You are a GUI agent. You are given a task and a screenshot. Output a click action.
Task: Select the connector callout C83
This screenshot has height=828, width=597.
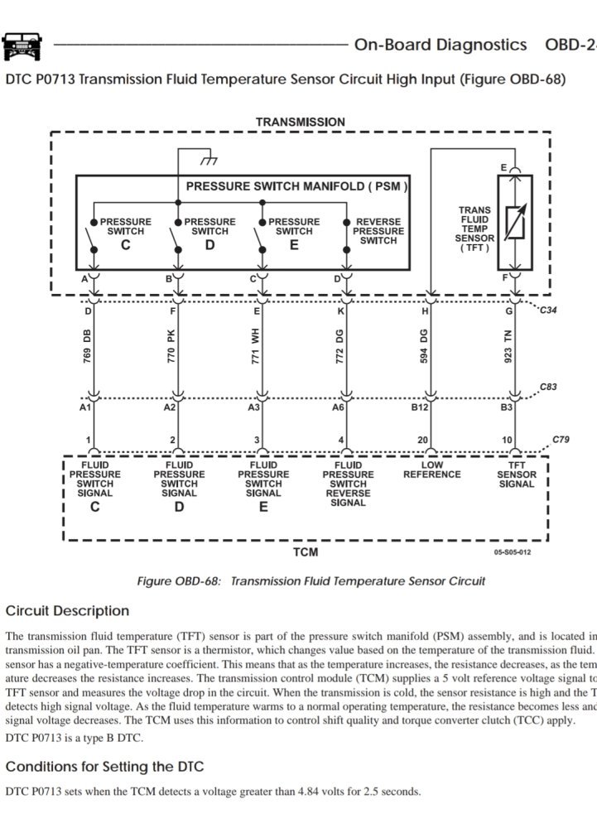click(x=548, y=387)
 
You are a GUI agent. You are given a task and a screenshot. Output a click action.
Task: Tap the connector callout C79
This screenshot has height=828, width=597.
click(x=562, y=440)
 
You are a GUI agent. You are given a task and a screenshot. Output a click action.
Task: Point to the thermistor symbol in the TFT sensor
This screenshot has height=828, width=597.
click(x=514, y=221)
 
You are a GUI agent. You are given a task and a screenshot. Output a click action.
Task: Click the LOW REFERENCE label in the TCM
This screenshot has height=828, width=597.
click(x=431, y=469)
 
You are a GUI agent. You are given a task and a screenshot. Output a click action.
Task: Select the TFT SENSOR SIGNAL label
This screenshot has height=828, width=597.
click(x=516, y=474)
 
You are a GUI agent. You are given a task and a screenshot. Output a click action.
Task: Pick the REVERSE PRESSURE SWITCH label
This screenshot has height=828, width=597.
click(x=378, y=231)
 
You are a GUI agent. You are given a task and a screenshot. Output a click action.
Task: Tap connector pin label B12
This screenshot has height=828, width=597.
click(x=421, y=407)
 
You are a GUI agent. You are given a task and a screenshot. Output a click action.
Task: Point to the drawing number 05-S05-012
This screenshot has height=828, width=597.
click(x=513, y=551)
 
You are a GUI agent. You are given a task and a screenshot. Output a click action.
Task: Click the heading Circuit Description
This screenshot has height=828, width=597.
click(x=67, y=611)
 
